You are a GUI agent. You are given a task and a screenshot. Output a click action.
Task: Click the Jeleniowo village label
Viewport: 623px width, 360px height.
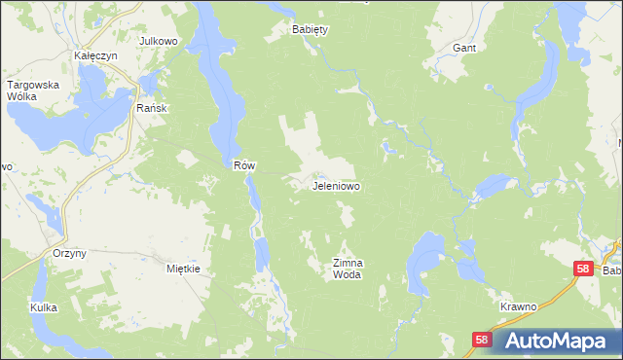[x=337, y=185]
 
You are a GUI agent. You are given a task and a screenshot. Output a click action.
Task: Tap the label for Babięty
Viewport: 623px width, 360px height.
[x=311, y=29]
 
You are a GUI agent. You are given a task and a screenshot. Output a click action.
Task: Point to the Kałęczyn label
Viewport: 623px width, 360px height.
[x=95, y=56]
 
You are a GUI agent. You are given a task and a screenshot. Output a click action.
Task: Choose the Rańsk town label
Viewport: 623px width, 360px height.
[x=153, y=108]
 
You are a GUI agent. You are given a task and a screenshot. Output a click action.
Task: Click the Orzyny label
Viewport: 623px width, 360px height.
[x=69, y=253]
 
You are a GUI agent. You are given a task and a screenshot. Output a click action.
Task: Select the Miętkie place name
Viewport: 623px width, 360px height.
[x=183, y=269]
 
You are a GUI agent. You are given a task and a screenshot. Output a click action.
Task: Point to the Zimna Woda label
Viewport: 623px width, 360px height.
[x=348, y=269]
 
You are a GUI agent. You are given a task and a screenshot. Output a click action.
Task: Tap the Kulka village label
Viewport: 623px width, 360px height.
[x=43, y=307]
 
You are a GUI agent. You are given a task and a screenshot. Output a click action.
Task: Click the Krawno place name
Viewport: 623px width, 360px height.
[x=518, y=306]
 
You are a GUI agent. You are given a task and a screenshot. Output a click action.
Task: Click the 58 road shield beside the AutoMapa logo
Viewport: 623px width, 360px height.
[x=482, y=340]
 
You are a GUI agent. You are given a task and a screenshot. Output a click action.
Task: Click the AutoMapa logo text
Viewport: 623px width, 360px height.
[x=562, y=341]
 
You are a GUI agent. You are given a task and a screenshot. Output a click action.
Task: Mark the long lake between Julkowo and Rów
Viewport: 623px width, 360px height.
[x=216, y=78]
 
